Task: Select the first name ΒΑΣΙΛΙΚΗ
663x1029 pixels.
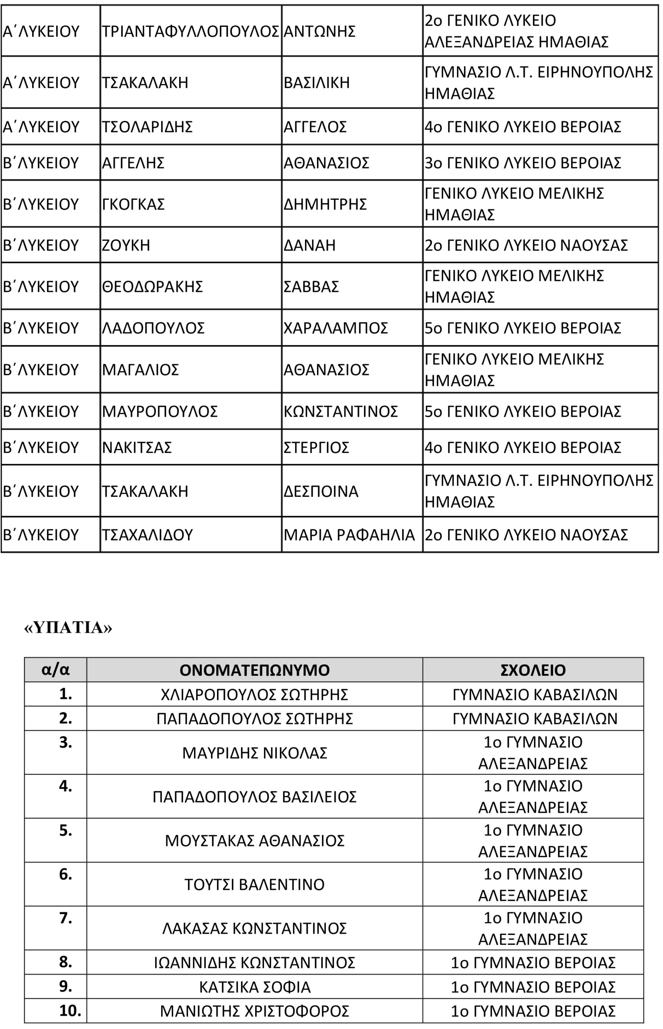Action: click(x=317, y=82)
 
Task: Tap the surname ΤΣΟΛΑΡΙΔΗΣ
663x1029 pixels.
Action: click(x=147, y=127)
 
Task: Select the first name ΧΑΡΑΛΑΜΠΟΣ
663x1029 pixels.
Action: click(x=336, y=328)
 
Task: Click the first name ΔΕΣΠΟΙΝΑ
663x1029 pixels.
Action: click(x=321, y=491)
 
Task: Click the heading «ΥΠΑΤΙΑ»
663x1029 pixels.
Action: click(x=68, y=628)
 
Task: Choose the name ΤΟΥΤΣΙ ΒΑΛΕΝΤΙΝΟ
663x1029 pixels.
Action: click(x=254, y=884)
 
